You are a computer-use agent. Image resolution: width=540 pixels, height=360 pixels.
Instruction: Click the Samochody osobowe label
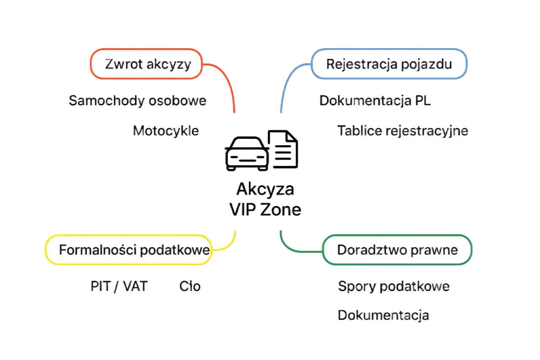(138, 100)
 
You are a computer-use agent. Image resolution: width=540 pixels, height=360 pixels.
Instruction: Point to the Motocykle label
(166, 131)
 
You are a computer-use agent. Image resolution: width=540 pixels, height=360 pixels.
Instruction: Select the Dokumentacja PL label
(375, 100)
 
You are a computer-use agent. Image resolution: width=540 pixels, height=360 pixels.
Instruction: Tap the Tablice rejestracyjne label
(402, 131)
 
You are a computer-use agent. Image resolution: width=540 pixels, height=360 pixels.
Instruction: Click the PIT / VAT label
(119, 287)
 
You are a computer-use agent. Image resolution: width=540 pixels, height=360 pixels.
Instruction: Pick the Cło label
(190, 287)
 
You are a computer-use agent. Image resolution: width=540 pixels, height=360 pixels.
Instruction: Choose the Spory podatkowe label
(394, 287)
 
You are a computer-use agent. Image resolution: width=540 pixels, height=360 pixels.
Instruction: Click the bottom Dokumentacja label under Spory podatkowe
(383, 315)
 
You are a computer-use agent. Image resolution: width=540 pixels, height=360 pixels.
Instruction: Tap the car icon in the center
(247, 154)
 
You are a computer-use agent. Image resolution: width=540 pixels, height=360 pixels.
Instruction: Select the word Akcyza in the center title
(265, 189)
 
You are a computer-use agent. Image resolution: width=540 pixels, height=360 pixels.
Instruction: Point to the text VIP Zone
(265, 209)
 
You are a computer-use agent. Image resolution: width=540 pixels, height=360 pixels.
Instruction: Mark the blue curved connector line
(288, 77)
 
